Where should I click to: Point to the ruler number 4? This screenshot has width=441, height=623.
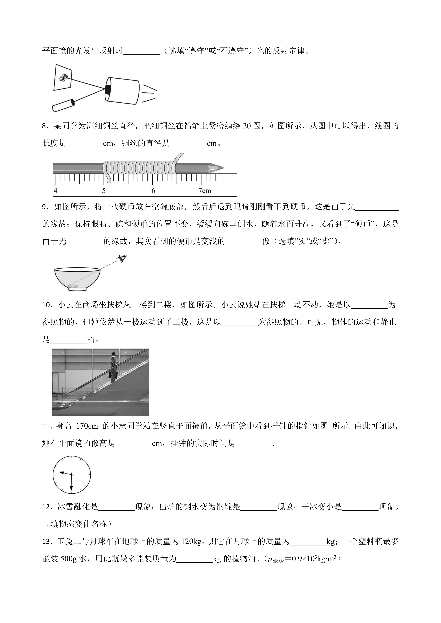[x=55, y=190]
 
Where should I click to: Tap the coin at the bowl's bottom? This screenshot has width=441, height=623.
[x=73, y=286]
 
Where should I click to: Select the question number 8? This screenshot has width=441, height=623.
[x=45, y=126]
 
